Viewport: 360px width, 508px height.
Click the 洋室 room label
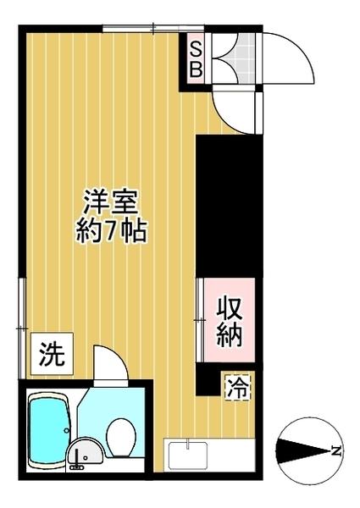tap(111, 203)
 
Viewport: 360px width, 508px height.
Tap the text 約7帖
tap(111, 230)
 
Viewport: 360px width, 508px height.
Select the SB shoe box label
tap(195, 58)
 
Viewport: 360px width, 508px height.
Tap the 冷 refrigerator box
tap(238, 389)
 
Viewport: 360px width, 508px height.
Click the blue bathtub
tap(47, 431)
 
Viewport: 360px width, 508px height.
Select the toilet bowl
tap(121, 436)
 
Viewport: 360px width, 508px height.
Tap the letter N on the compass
tap(336, 450)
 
